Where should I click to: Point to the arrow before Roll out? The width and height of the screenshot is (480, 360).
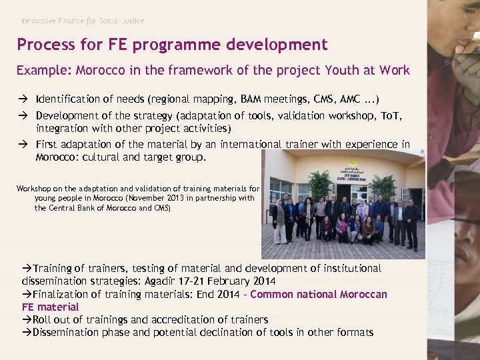[27, 319]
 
